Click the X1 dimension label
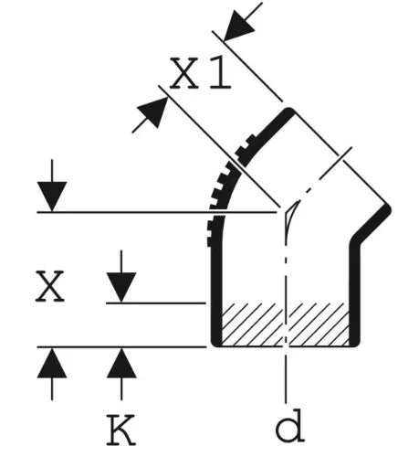point(200,73)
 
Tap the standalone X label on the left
point(50,286)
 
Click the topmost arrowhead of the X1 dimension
point(239,26)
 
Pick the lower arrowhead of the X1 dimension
point(152,112)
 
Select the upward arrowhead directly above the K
point(121,363)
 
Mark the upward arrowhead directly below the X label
point(52,363)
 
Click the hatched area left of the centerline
point(252,324)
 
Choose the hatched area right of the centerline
point(319,324)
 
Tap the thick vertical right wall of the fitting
point(355,292)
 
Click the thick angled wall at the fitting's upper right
point(371,224)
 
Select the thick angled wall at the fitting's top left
point(267,135)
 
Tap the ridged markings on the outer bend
point(220,195)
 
